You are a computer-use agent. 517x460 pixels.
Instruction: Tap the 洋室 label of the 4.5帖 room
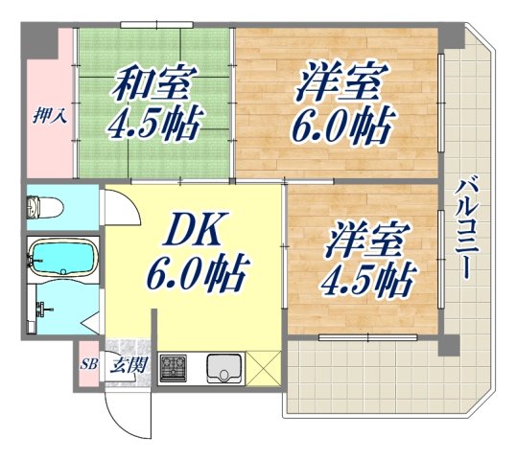(x=368, y=238)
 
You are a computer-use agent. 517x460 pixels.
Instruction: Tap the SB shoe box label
(x=88, y=365)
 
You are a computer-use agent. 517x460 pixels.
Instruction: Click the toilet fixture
(x=44, y=207)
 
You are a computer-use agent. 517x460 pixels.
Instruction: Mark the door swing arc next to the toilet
(x=113, y=206)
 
